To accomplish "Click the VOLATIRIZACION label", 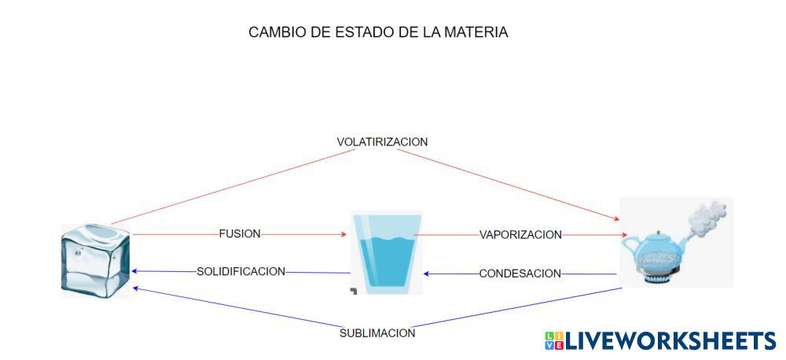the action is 382,142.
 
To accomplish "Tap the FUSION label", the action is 240,233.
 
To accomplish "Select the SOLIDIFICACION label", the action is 241,272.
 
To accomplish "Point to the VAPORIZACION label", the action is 520,234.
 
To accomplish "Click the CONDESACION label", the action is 520,274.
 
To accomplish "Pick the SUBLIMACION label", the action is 377,333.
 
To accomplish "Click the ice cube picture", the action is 96,260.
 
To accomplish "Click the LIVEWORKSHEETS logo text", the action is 670,340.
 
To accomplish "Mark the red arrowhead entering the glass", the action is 343,234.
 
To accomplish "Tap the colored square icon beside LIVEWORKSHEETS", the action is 553,340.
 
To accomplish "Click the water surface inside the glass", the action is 386,237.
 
